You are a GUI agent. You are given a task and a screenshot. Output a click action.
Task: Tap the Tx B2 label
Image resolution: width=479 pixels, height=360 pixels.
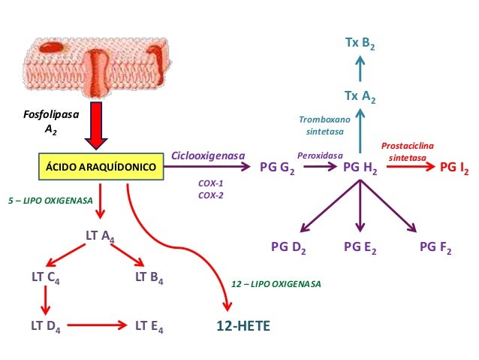point(360,45)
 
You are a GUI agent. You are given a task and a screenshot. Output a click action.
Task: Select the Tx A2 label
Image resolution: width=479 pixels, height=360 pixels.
point(360,97)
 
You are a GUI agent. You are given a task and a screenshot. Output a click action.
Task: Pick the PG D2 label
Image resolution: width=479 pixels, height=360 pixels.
point(288,247)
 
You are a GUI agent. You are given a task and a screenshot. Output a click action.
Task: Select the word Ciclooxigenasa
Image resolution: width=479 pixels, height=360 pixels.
point(209,156)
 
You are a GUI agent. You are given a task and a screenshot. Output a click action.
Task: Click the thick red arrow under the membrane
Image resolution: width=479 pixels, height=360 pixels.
point(95,124)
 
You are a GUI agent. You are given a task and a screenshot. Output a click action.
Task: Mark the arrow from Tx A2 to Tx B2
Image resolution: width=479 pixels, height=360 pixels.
point(360,71)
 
